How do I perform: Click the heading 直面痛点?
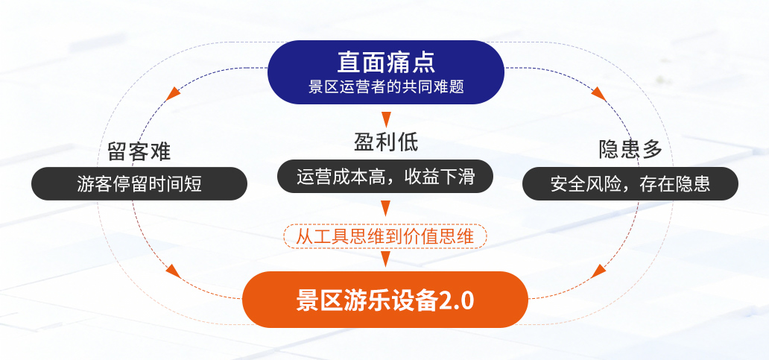pyautogui.click(x=385, y=61)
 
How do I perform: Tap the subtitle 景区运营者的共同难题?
pyautogui.click(x=386, y=86)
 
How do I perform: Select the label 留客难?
pyautogui.click(x=139, y=151)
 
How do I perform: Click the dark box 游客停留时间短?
pyautogui.click(x=139, y=183)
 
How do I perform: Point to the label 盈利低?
pyautogui.click(x=386, y=141)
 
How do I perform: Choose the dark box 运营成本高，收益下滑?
pyautogui.click(x=385, y=177)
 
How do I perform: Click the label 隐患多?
pyautogui.click(x=630, y=149)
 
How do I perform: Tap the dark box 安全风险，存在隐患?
pyautogui.click(x=630, y=183)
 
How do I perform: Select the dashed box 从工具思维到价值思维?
pyautogui.click(x=385, y=236)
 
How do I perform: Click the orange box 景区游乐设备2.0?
pyautogui.click(x=385, y=300)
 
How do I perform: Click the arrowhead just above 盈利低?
pyautogui.click(x=386, y=119)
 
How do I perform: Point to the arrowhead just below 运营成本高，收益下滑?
pyautogui.click(x=386, y=207)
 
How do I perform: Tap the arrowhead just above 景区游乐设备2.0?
pyautogui.click(x=386, y=259)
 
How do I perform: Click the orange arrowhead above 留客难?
pyautogui.click(x=174, y=92)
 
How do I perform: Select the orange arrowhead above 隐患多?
pyautogui.click(x=598, y=92)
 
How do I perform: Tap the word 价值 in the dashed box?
pyautogui.click(x=422, y=236)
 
